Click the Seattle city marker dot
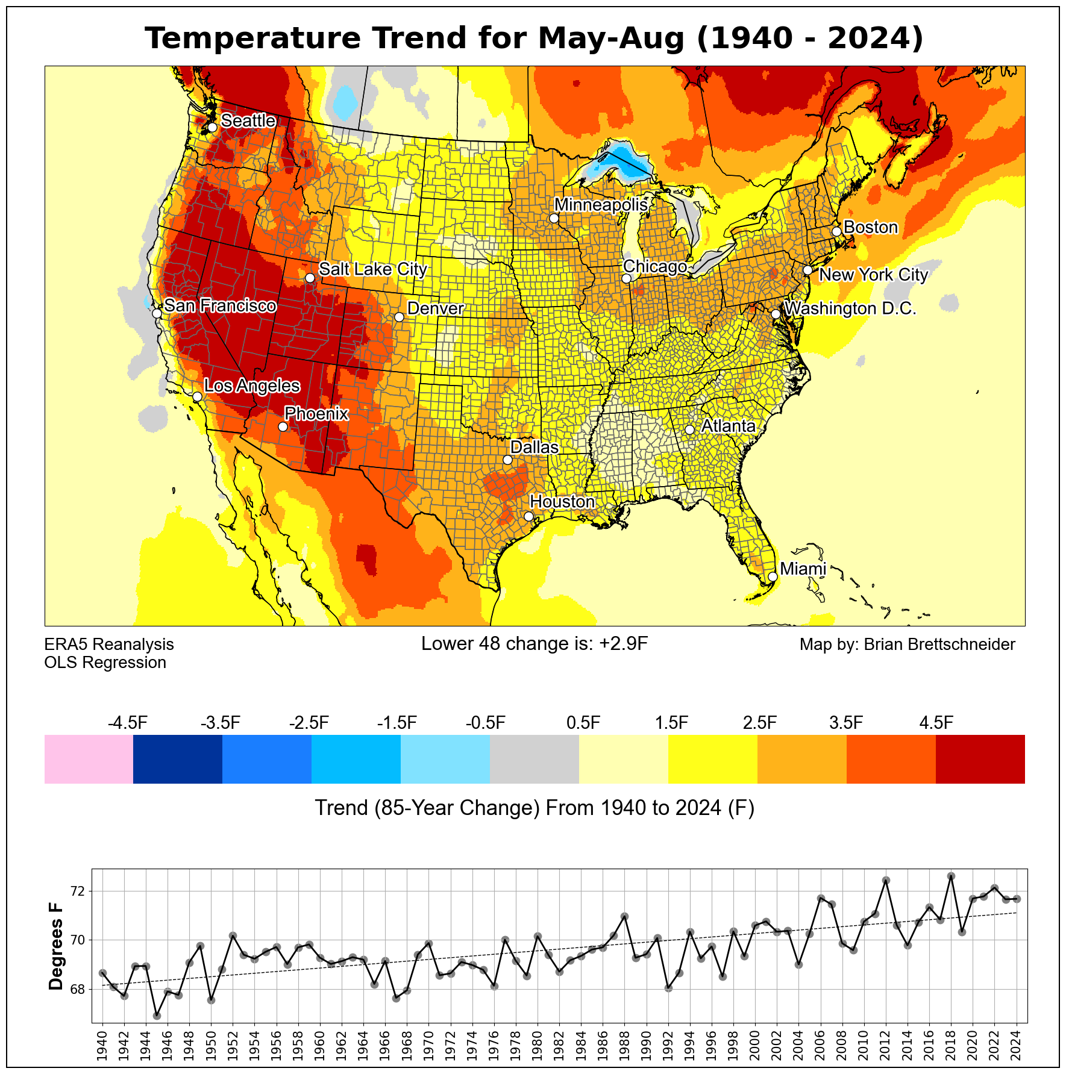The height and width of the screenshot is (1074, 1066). click(x=212, y=128)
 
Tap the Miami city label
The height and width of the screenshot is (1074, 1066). click(x=803, y=569)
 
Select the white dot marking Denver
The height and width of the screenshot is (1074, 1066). click(x=399, y=317)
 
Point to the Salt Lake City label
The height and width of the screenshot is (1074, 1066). click(x=372, y=269)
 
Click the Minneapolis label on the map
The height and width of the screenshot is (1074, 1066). click(x=601, y=205)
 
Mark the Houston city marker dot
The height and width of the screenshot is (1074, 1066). click(x=528, y=516)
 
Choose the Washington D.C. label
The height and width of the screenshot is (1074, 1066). click(x=850, y=308)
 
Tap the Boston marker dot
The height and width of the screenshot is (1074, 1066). click(x=836, y=232)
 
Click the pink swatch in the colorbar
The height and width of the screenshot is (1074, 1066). click(x=89, y=759)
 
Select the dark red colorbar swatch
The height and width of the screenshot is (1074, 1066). click(x=980, y=759)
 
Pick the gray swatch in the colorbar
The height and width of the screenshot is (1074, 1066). click(x=535, y=759)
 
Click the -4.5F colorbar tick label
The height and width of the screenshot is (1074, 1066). click(x=128, y=723)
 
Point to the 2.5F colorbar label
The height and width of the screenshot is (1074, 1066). click(x=759, y=723)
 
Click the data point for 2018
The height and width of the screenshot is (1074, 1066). click(x=951, y=876)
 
